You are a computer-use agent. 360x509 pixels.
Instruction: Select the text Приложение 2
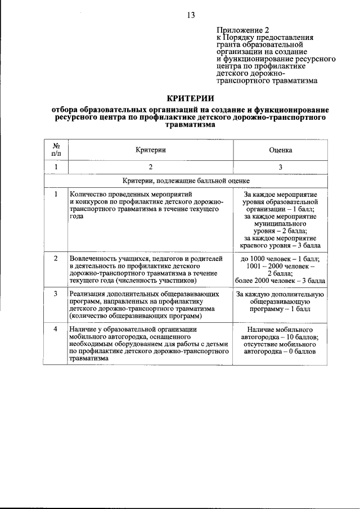[x=238, y=30]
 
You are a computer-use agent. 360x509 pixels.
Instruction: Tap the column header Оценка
[x=280, y=150]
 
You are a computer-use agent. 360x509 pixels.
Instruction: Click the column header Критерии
[x=150, y=150]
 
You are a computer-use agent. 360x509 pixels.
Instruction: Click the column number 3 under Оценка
[x=280, y=168]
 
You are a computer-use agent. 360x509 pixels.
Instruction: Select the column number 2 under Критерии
[x=150, y=168]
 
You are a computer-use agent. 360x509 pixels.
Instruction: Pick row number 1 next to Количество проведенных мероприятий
[x=56, y=194]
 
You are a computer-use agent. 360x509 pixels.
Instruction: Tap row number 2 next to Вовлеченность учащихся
[x=56, y=258]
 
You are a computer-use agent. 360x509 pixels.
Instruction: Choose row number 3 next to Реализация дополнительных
[x=56, y=294]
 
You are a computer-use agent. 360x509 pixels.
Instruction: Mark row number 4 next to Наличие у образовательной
[x=56, y=329]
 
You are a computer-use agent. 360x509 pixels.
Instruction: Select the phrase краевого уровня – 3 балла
[x=280, y=246]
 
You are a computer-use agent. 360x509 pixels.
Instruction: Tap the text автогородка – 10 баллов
[x=280, y=337]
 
